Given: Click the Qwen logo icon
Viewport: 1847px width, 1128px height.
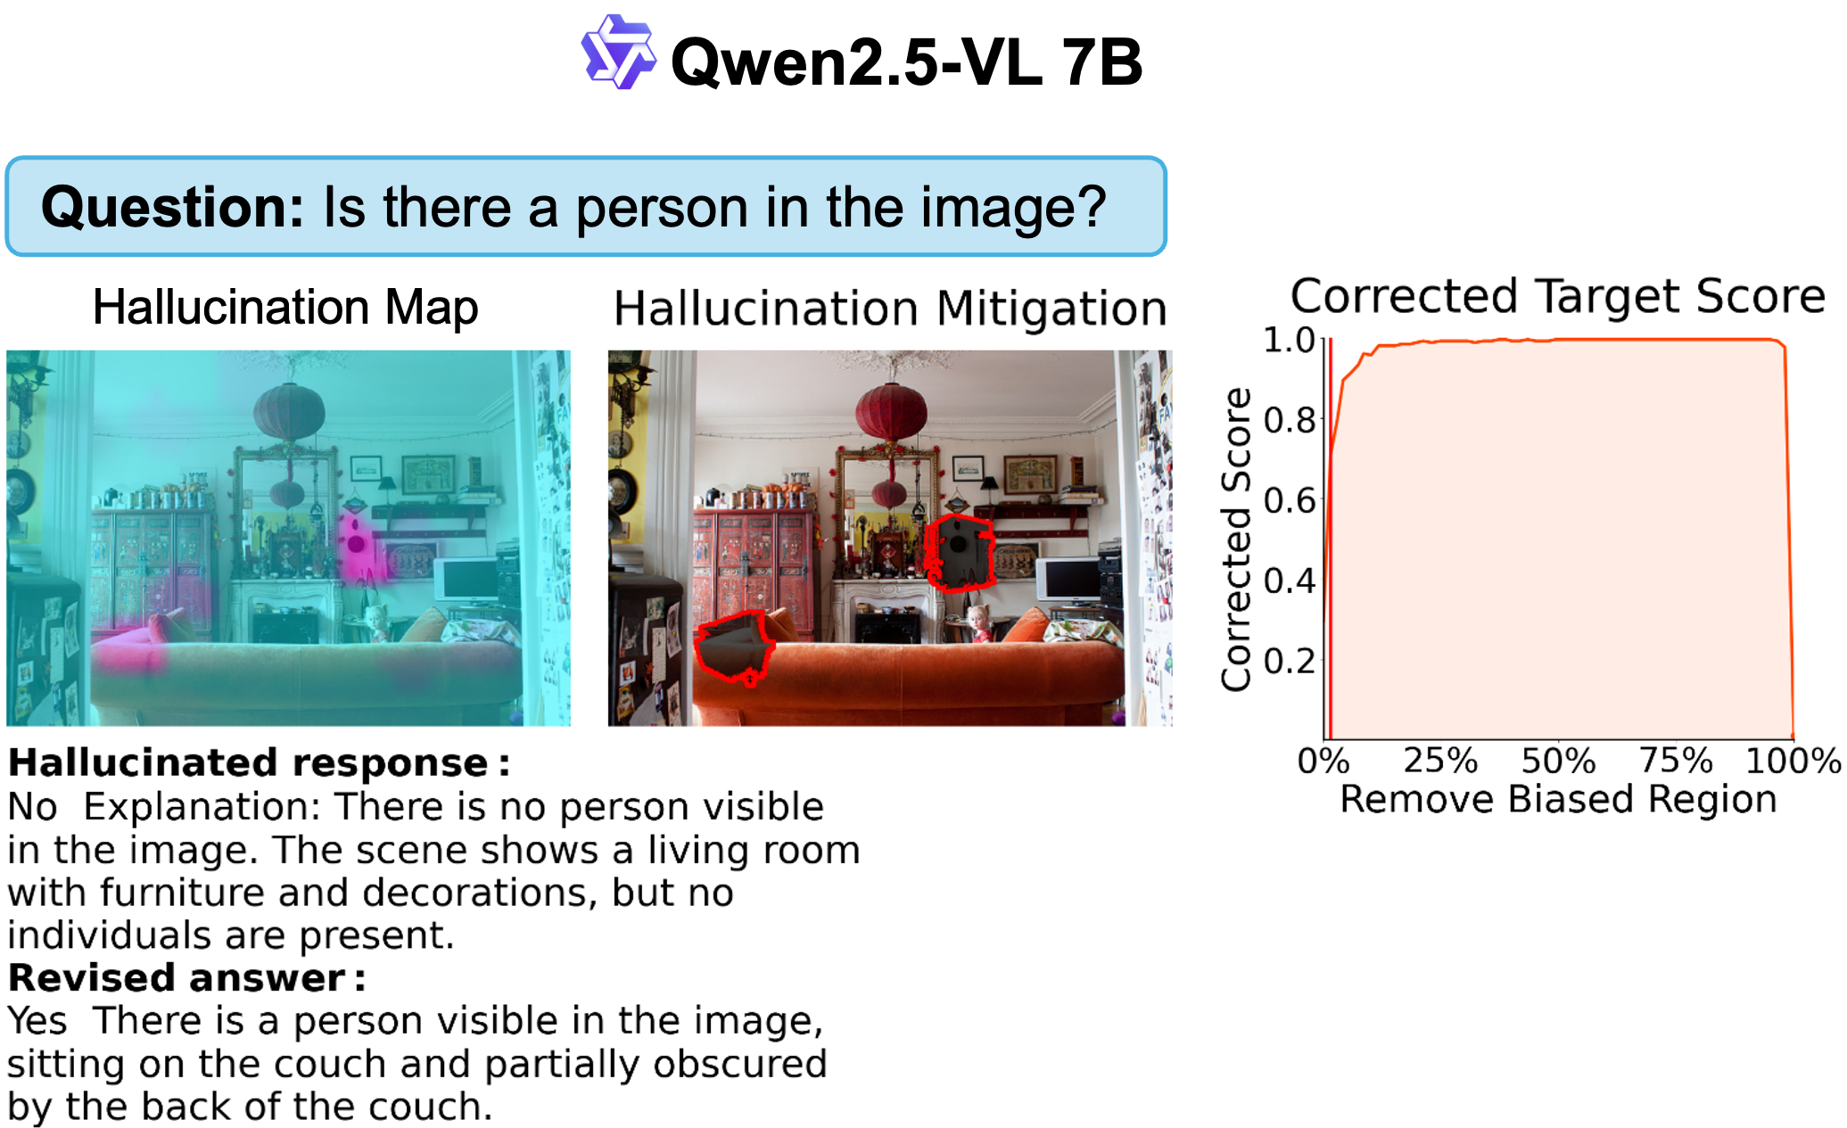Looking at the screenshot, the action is (618, 52).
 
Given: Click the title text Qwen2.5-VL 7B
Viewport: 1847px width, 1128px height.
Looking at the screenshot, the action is (906, 62).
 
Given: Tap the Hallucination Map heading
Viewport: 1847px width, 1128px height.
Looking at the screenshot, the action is (285, 308).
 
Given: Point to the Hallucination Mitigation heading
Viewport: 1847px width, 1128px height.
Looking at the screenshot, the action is (890, 309).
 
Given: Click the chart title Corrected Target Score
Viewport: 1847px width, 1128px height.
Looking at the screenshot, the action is (1558, 296).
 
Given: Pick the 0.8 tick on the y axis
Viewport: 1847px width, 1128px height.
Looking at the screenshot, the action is (1290, 420).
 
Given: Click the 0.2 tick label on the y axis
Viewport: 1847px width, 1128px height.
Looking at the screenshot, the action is (1290, 661).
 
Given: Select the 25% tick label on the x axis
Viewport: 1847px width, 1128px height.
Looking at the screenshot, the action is (1440, 761).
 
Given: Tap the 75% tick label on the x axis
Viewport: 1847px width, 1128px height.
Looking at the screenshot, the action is (1676, 761).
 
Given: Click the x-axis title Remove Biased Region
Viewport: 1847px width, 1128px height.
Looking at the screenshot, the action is (1558, 799).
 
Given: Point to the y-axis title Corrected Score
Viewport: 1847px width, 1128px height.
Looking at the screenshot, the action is (1237, 539).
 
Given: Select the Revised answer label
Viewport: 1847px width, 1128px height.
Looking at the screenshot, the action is (186, 978).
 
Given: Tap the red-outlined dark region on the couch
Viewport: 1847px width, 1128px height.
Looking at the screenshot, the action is (733, 647).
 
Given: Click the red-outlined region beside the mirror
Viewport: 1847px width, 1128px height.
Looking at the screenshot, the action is (960, 553).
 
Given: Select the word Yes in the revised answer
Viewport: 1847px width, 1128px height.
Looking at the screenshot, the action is (37, 1021).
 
